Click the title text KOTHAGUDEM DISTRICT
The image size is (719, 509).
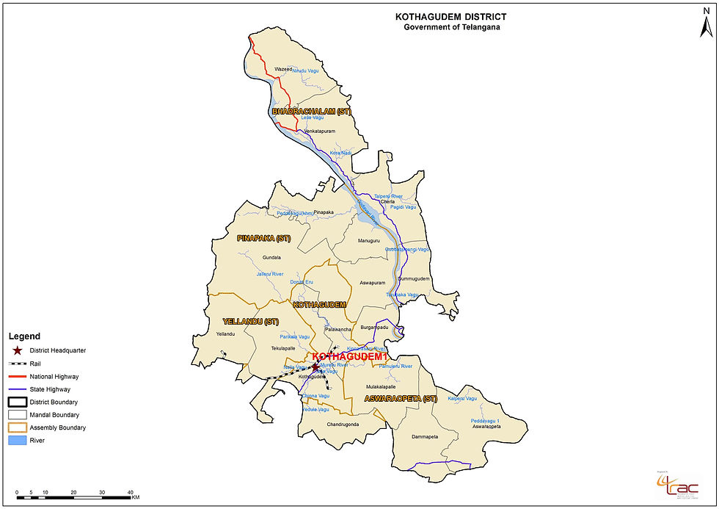[450, 16]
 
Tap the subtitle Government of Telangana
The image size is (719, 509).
[450, 27]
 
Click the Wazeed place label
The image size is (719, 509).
[282, 69]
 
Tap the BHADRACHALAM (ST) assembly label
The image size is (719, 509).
[312, 112]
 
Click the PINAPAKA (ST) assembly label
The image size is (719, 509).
[264, 239]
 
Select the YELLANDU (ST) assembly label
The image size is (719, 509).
[252, 322]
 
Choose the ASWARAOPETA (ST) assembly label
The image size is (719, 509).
[401, 399]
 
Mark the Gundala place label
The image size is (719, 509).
[271, 258]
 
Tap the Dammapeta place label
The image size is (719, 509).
[425, 437]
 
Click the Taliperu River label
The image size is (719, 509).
[388, 196]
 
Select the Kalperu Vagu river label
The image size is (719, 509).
[462, 398]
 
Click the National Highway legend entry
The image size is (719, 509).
[54, 376]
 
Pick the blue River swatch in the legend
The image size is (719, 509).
[17, 440]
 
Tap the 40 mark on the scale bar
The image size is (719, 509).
[130, 492]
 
